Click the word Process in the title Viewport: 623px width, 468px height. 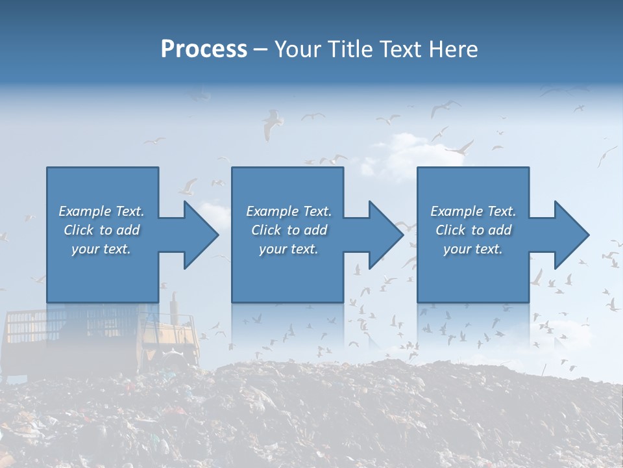click(x=204, y=49)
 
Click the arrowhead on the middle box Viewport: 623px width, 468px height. click(x=385, y=235)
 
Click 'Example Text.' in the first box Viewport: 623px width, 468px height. click(x=101, y=211)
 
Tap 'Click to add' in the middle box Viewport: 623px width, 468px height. click(x=289, y=230)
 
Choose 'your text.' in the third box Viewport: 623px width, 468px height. click(x=473, y=249)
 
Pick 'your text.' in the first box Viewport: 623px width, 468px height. click(x=101, y=249)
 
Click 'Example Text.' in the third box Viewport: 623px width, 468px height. click(x=473, y=211)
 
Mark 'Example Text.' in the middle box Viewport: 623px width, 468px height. click(x=289, y=211)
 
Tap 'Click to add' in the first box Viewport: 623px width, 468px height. click(x=101, y=230)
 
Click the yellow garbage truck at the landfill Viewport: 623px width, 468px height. click(x=97, y=338)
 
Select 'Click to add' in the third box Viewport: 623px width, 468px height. click(x=473, y=230)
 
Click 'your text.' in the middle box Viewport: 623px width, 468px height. click(x=289, y=249)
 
